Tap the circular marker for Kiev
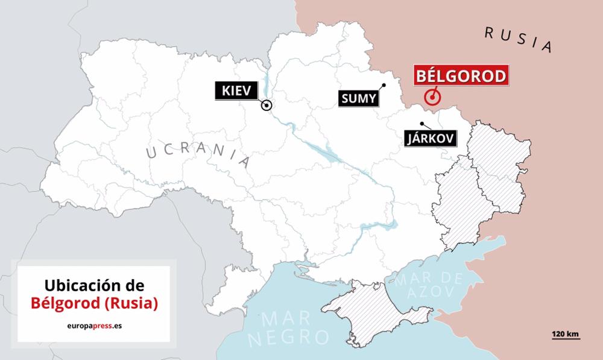(x=266, y=106)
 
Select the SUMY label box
(x=359, y=99)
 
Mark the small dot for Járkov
(x=422, y=124)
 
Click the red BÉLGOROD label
(x=460, y=77)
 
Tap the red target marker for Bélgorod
(x=432, y=97)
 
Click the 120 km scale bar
(x=564, y=339)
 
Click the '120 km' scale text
(x=564, y=333)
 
